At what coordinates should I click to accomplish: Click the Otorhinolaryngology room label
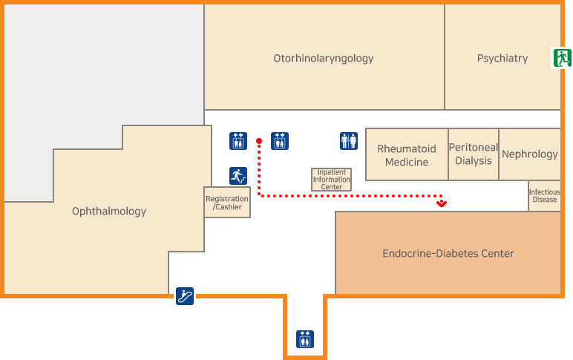(323, 58)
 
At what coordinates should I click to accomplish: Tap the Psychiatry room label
(502, 58)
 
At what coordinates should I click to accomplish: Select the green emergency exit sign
(561, 57)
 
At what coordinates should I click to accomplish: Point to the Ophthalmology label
(109, 212)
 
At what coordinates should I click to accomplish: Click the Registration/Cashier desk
(227, 203)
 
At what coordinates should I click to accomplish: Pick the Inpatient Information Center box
(331, 180)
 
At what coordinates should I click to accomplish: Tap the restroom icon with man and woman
(349, 140)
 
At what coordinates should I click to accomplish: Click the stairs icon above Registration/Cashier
(238, 176)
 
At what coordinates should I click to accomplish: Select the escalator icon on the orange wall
(185, 296)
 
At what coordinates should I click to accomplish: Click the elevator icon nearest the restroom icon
(280, 140)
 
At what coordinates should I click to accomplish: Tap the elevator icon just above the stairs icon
(238, 140)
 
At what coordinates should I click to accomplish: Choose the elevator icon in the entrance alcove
(305, 338)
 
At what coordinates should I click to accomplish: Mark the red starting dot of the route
(259, 140)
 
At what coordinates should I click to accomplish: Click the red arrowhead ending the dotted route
(442, 202)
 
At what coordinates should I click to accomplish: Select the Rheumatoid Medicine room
(407, 155)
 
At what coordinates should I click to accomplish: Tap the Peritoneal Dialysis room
(474, 154)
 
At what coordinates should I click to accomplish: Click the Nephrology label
(530, 154)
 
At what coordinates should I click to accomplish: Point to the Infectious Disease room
(544, 196)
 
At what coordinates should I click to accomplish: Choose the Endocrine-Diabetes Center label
(448, 254)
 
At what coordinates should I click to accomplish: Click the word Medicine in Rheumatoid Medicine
(407, 163)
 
